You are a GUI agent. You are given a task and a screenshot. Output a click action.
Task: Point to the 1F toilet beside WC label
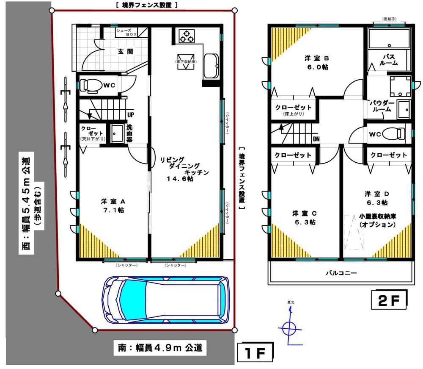click(91, 86)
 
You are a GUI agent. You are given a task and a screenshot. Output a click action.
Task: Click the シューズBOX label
click(126, 33)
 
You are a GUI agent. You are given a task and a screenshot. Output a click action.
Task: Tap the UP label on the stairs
click(131, 115)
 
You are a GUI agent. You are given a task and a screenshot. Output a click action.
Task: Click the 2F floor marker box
click(389, 300)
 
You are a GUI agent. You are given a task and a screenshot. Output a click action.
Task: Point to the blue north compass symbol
click(289, 327)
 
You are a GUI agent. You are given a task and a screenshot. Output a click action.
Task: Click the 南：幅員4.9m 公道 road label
click(160, 348)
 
